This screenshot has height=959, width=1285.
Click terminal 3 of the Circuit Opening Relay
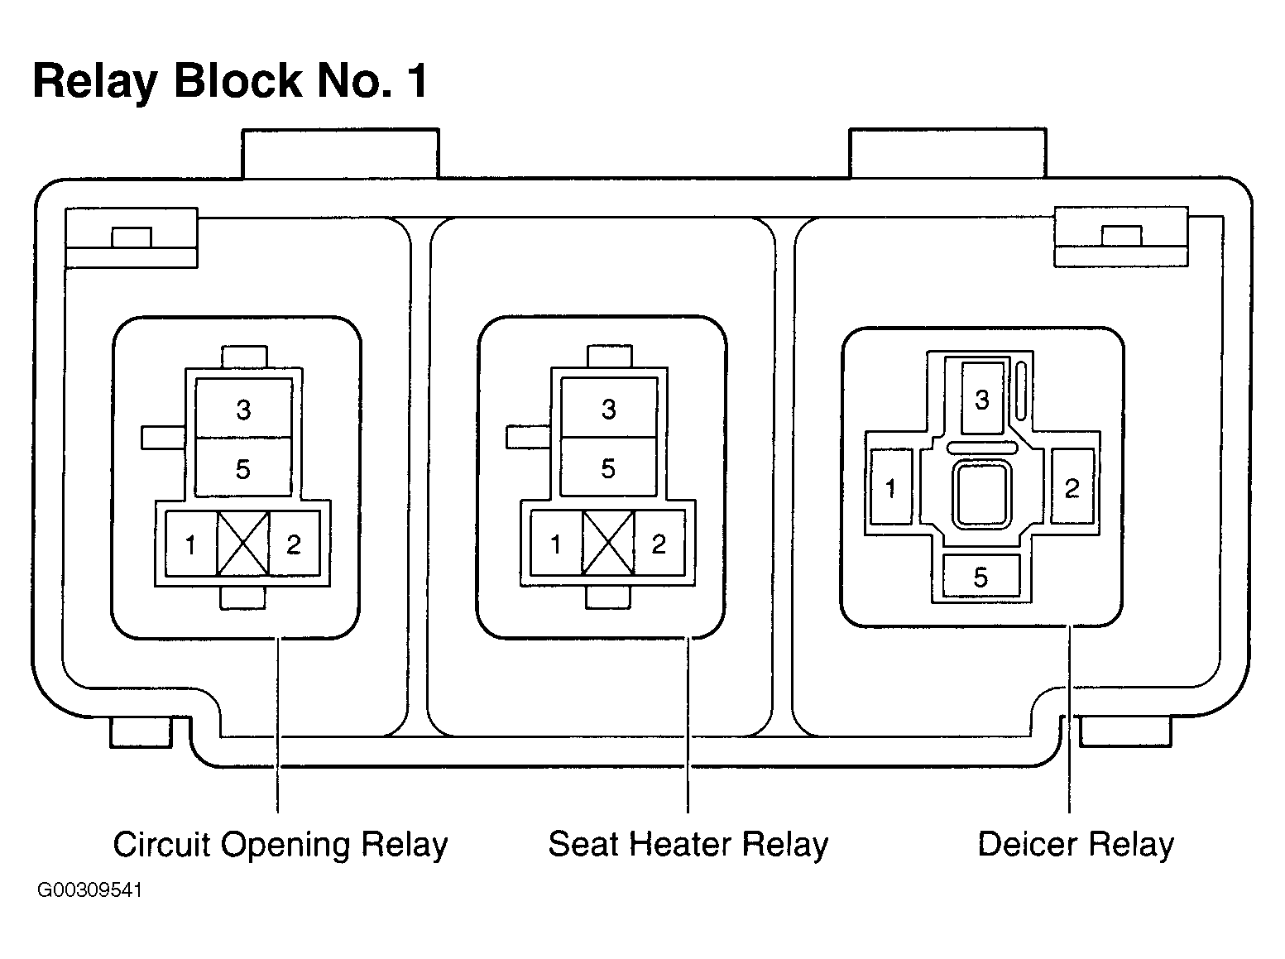point(243,408)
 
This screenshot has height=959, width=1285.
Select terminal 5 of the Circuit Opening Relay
point(243,468)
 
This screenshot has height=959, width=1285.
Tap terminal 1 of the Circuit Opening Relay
point(191,544)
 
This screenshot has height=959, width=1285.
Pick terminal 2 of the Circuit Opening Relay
point(295,544)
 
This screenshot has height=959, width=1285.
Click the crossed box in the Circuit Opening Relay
point(243,544)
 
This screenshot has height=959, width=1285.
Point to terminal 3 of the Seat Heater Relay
point(609,407)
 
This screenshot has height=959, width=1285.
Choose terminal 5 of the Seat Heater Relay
point(609,467)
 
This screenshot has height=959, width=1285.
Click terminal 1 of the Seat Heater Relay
point(557,544)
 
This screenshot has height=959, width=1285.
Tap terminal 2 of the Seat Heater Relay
point(659,544)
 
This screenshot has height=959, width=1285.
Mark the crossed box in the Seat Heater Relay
point(608,544)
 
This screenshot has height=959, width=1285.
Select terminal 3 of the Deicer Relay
point(982,398)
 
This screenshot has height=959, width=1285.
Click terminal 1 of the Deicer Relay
point(891,487)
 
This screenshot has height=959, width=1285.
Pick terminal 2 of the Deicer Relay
point(1072,486)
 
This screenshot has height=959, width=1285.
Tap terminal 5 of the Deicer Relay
point(981,576)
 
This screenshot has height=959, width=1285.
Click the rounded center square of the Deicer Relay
point(982,493)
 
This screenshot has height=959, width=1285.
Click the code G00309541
point(89,890)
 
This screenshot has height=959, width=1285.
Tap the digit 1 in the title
point(418,81)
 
